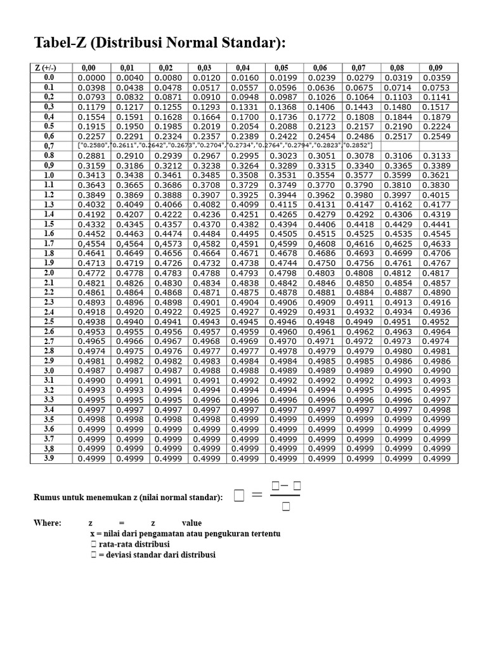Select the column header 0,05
click(x=282, y=67)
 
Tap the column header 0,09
click(x=436, y=67)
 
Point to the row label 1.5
click(x=49, y=223)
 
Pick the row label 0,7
click(x=49, y=145)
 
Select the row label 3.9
click(x=49, y=458)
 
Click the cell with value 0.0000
click(x=91, y=77)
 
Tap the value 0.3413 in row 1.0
click(x=91, y=175)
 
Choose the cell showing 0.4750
click(x=321, y=263)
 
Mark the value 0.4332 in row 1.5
click(x=91, y=224)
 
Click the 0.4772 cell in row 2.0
click(x=91, y=273)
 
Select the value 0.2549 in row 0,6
click(x=436, y=136)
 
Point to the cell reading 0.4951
click(x=398, y=322)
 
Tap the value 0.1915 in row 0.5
click(x=91, y=126)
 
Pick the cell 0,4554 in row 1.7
click(x=91, y=243)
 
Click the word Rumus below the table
click(x=48, y=498)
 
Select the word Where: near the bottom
click(x=48, y=523)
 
